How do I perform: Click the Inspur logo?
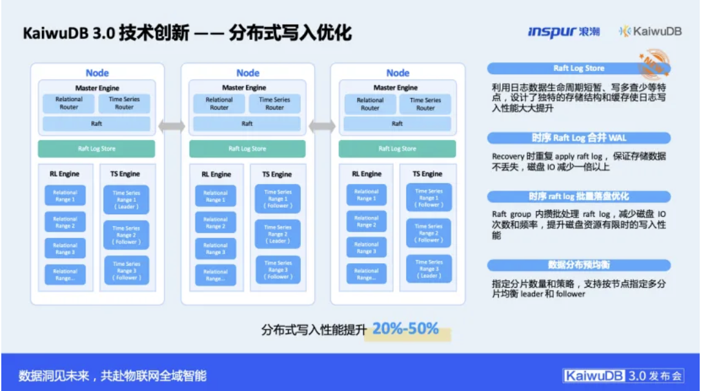pyautogui.click(x=563, y=32)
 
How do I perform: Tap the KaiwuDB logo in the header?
pyautogui.click(x=650, y=32)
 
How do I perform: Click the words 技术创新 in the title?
pyautogui.click(x=154, y=33)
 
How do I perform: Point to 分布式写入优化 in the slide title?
pyautogui.click(x=290, y=33)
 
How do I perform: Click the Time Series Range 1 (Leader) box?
pyautogui.click(x=126, y=200)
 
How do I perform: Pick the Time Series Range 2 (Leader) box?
pyautogui.click(x=278, y=234)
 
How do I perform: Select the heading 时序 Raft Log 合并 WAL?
pyautogui.click(x=579, y=137)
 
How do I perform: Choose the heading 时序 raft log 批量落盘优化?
pyautogui.click(x=579, y=196)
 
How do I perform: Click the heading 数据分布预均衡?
pyautogui.click(x=579, y=265)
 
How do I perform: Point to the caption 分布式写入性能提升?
pyautogui.click(x=314, y=330)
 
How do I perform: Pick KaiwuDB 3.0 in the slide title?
pyautogui.click(x=68, y=33)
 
